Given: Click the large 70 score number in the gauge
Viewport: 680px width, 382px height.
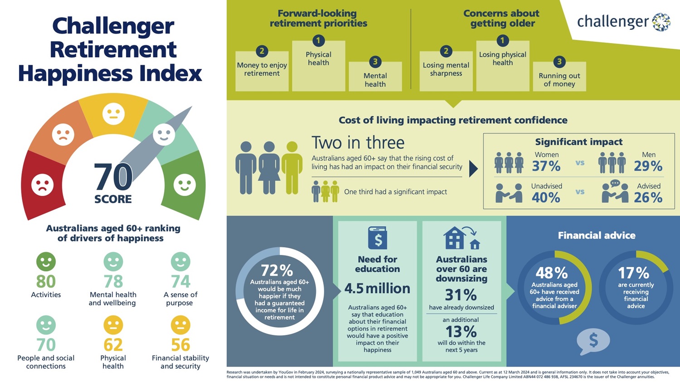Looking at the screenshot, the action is tap(113, 177).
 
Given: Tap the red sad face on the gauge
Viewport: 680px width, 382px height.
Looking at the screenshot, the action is tap(43, 185).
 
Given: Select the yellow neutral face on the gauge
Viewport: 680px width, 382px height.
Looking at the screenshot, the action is tap(113, 114).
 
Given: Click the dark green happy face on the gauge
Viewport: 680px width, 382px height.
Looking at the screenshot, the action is tap(185, 184).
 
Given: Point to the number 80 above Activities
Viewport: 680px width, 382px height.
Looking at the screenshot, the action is tap(46, 281).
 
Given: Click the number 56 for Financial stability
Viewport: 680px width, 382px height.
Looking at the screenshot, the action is tap(180, 345).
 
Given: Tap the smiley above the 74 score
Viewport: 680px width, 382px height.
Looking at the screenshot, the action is tap(180, 261).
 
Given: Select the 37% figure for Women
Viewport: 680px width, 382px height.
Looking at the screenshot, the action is tap(546, 166).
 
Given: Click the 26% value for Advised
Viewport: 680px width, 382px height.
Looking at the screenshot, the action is tap(648, 198).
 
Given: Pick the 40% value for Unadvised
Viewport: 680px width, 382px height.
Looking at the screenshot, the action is tap(546, 198).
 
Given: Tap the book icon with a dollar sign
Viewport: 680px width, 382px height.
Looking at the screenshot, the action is tap(377, 238).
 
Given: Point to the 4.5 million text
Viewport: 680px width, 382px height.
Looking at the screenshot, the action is tap(377, 289).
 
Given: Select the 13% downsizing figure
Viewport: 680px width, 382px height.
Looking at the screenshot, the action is tap(461, 332).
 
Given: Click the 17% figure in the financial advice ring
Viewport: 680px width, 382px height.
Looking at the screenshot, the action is tap(634, 273).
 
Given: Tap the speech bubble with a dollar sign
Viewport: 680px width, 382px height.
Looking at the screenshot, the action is tap(593, 342).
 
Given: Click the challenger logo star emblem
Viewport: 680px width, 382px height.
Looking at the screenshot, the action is tap(661, 22).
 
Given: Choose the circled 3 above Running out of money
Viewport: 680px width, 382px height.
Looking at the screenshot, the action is tap(559, 62).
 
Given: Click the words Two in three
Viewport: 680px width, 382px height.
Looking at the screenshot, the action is tap(358, 143).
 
